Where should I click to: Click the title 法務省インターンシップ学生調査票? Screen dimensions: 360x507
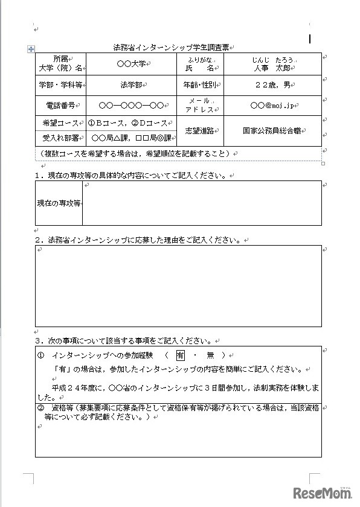[172, 47]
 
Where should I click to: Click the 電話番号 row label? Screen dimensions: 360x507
[60, 105]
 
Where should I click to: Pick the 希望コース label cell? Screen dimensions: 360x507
[60, 123]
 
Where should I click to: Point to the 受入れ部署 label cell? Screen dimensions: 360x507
[60, 138]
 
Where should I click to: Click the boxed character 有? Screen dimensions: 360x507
[181, 356]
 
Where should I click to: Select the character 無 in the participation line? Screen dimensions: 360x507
[210, 356]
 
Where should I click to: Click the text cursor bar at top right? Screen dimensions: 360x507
[310, 39]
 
